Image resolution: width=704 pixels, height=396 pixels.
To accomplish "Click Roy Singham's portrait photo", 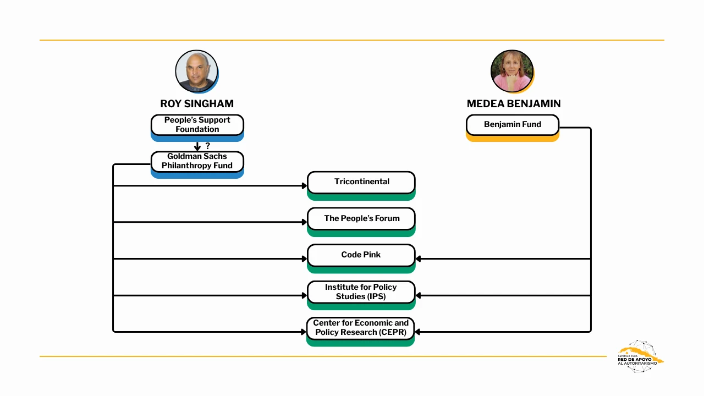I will click(x=196, y=71).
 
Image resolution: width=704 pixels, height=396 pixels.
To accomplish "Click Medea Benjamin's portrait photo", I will click(x=512, y=71).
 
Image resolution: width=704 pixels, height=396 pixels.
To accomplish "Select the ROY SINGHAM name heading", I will click(x=197, y=103).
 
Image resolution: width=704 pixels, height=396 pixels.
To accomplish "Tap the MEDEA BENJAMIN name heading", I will click(x=513, y=103).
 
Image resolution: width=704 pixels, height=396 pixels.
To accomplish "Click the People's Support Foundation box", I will click(x=197, y=125).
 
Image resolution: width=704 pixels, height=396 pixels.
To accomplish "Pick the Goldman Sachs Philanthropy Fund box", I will click(x=197, y=161).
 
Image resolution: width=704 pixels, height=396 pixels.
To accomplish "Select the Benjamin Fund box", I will click(x=512, y=125).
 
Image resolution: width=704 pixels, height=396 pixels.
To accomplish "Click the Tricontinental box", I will click(x=361, y=182).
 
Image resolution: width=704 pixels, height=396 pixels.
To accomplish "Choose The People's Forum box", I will click(x=361, y=218).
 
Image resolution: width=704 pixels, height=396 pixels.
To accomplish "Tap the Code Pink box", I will click(x=361, y=255).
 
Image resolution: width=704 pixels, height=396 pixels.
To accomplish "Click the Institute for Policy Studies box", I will click(x=361, y=291).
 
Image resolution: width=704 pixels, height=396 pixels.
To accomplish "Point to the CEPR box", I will click(x=360, y=328).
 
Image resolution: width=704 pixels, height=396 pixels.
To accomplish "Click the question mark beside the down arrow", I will click(x=207, y=146).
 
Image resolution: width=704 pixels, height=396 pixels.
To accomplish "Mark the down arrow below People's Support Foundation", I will click(x=197, y=147).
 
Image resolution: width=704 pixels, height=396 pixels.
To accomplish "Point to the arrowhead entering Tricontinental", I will click(x=304, y=186).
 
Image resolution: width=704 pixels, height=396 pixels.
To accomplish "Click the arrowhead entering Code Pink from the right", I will click(x=419, y=258).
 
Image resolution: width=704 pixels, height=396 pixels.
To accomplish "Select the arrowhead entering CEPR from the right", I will click(x=418, y=332).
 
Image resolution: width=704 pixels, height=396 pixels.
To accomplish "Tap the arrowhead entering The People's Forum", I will click(x=304, y=222).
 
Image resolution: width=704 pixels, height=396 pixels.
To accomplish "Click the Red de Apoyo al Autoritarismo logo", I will click(x=638, y=356).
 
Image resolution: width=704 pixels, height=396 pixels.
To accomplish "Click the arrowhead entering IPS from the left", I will click(x=304, y=295).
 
